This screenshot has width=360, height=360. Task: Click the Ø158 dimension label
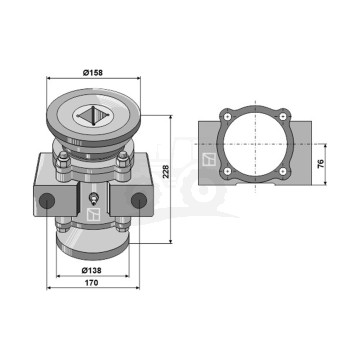[x=93, y=73]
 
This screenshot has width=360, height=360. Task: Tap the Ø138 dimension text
[x=92, y=270]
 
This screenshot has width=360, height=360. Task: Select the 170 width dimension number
[x=91, y=283]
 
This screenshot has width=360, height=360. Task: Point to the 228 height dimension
[x=166, y=171]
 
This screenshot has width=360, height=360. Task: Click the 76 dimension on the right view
[x=320, y=164]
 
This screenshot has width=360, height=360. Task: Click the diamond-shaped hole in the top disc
[x=93, y=116]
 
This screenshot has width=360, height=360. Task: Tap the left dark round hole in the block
[x=47, y=200]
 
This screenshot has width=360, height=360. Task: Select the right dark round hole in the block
[x=139, y=200]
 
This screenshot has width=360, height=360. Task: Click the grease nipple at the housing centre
[x=94, y=199]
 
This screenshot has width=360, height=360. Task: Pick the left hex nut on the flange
[x=63, y=161]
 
